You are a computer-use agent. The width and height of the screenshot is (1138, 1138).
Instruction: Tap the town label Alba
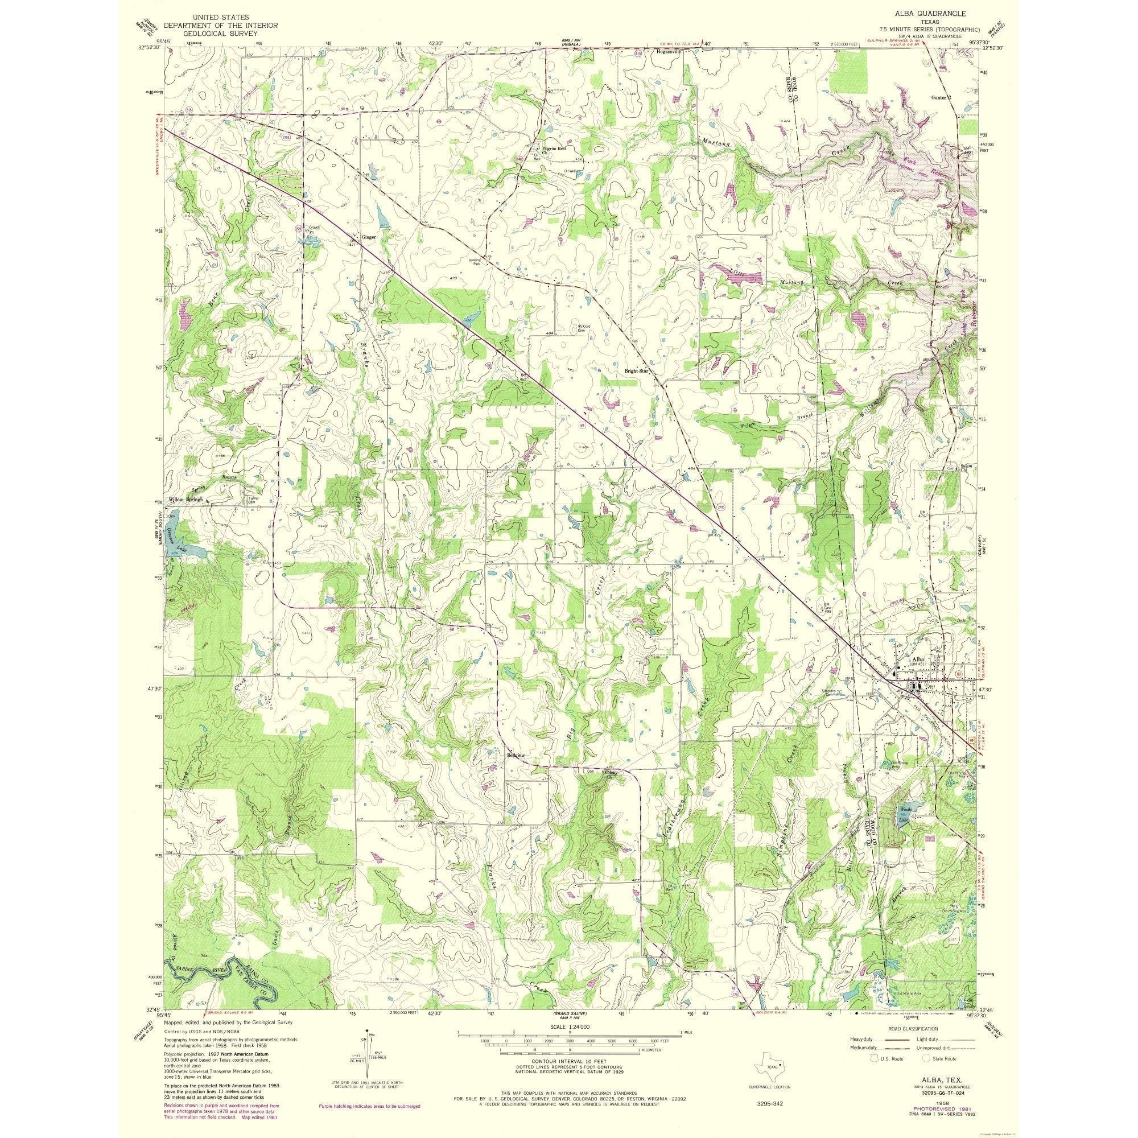[918, 658]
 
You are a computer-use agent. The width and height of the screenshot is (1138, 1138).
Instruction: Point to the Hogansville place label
[668, 51]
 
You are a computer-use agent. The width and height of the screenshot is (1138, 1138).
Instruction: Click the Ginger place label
[369, 237]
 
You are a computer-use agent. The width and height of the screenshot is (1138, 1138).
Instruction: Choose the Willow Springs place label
[185, 500]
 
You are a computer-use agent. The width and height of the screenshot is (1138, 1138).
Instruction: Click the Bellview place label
[516, 755]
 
